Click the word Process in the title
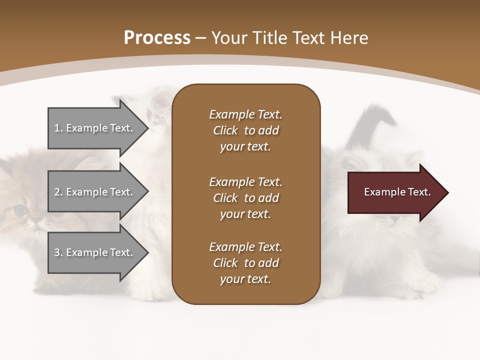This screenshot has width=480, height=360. pos(157,38)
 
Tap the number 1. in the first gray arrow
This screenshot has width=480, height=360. pos(58,128)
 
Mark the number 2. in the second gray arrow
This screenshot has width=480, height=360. pos(58,192)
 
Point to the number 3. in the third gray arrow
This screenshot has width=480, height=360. pos(58,252)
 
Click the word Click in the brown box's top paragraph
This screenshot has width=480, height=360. pos(225,130)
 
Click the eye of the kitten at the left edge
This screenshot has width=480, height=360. pos(20,210)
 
